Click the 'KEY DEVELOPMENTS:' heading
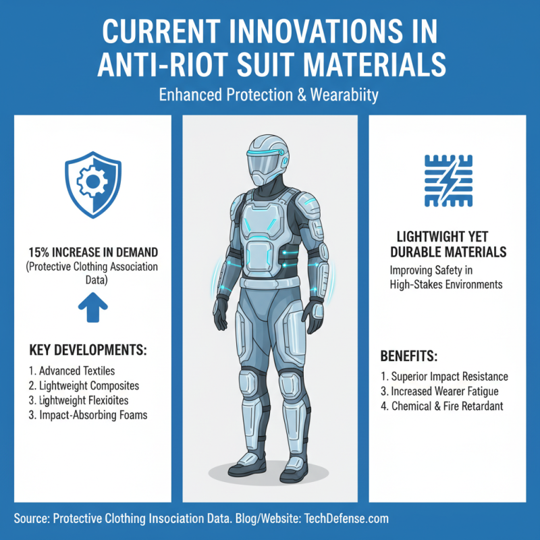pos(88,351)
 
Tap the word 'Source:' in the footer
pos(33,520)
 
